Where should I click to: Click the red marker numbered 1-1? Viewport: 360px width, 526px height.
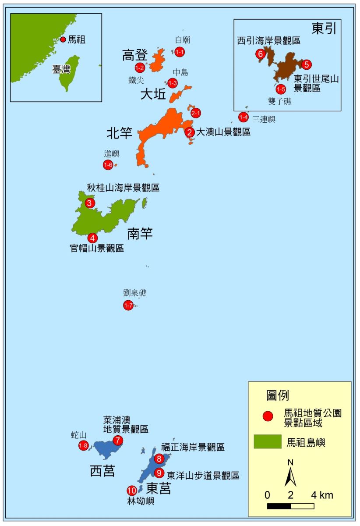180,52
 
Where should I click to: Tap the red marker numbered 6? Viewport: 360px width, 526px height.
260,54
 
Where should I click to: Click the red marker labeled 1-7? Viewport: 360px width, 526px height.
128,306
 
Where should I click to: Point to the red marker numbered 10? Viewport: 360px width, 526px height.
132,490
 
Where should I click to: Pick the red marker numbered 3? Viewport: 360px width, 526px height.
90,203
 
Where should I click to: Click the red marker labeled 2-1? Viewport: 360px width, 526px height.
196,113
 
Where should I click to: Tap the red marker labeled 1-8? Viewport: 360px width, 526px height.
83,446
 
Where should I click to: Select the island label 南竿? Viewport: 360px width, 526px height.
140,234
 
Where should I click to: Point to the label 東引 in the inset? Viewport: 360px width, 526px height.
324,28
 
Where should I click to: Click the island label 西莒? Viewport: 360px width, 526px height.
102,471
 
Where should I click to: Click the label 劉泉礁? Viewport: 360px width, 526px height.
135,293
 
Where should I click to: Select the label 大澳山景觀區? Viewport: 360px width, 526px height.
223,132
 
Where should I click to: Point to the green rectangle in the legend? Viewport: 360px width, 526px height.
267,442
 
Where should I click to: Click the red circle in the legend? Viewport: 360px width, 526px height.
268,416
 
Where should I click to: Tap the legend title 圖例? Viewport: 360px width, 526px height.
278,395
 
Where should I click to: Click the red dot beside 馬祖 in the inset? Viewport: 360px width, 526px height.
63,39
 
